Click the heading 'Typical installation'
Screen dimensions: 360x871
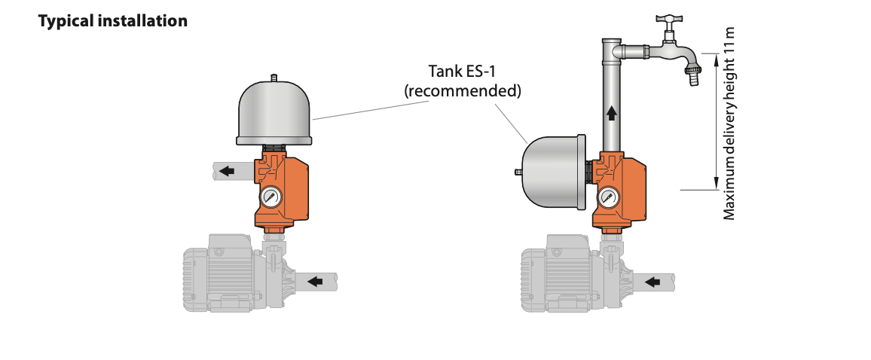click(x=112, y=21)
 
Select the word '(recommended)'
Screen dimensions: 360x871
click(x=462, y=91)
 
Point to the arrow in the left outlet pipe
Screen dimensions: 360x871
click(x=226, y=171)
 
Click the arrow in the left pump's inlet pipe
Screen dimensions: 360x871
click(x=317, y=282)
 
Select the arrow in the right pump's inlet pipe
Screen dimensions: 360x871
click(x=654, y=282)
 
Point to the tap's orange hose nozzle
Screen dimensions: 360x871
click(x=692, y=76)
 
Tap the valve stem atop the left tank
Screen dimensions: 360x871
click(x=275, y=77)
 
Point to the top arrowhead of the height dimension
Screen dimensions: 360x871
click(x=714, y=57)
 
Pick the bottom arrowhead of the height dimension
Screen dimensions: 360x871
click(x=714, y=184)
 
